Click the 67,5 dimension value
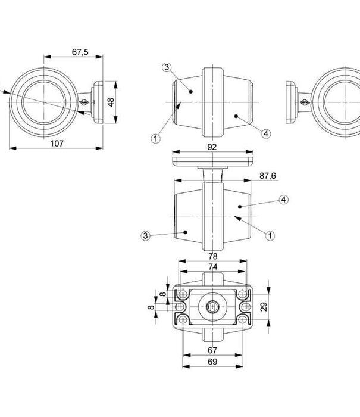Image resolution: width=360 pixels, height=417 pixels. (80, 52)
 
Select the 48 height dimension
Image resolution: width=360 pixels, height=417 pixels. (111, 102)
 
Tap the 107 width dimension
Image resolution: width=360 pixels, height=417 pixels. (57, 143)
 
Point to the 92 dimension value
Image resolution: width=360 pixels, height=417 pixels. (212, 146)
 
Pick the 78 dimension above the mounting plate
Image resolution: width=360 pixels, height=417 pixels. (212, 256)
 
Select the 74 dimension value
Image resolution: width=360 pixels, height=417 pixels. (212, 267)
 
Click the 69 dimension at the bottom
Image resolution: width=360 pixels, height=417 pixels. (212, 362)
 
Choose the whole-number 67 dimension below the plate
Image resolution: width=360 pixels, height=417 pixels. (212, 350)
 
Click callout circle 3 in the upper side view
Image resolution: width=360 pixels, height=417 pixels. (167, 67)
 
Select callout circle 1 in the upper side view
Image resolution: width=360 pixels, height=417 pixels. (155, 138)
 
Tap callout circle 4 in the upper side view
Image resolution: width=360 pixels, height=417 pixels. (266, 134)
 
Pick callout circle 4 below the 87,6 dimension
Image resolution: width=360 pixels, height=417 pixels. (284, 200)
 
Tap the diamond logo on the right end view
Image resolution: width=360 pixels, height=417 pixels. (304, 103)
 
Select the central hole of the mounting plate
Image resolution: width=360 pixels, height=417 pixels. (212, 306)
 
